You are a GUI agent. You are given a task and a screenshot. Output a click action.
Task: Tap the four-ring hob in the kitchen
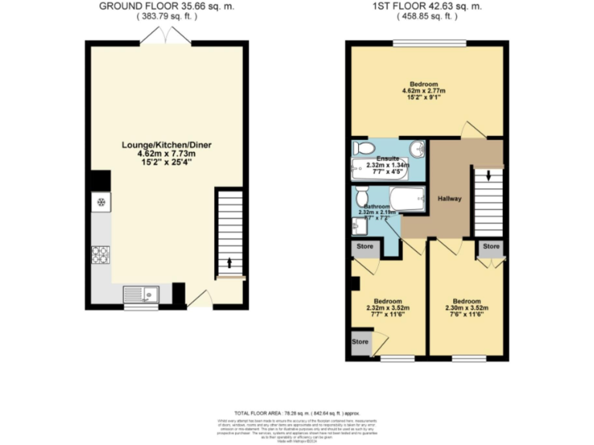click(101, 253)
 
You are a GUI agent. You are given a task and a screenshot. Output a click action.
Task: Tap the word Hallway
click(449, 199)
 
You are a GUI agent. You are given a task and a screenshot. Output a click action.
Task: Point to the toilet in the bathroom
click(362, 196)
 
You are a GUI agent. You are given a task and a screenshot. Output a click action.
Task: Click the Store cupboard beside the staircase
click(490, 247)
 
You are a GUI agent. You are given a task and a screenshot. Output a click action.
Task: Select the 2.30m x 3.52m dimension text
click(466, 308)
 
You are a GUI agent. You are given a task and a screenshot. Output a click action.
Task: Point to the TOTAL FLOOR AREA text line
click(296, 413)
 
